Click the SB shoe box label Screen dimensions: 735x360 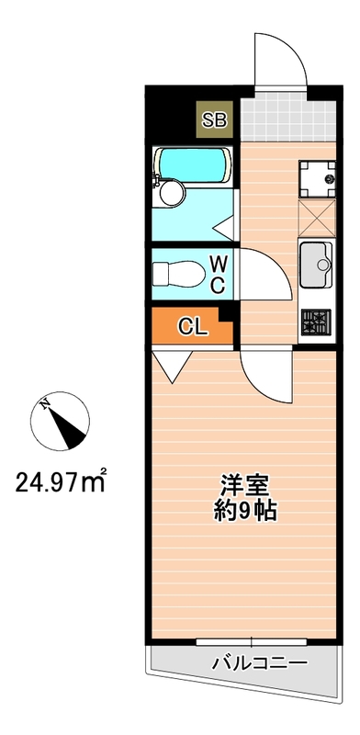(x=218, y=118)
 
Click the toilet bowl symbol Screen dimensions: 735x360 (x=174, y=273)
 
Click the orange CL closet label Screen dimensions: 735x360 (x=191, y=325)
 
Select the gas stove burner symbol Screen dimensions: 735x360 (x=314, y=321)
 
